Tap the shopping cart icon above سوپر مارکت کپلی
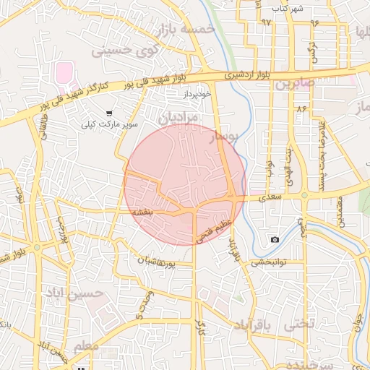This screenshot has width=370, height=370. click(108, 113)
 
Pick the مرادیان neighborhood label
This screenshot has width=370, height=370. click(176, 116)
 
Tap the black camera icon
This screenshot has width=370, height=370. click(275, 239)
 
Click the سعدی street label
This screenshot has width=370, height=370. click(272, 195)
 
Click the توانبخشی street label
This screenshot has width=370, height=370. click(269, 263)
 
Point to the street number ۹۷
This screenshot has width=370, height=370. click(267, 22)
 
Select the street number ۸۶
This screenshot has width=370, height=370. click(301, 108)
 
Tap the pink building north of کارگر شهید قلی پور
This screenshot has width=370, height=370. click(65, 73)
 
